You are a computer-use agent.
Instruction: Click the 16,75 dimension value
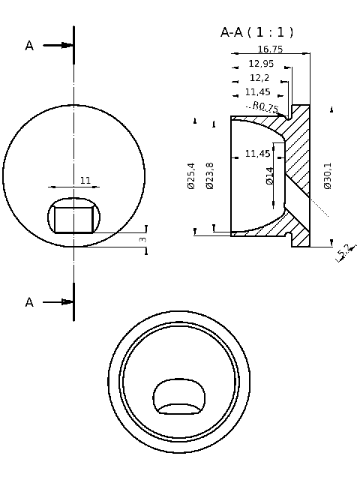pos(270,49)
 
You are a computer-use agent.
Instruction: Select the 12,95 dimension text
pos(262,64)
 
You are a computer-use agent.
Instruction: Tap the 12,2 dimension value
pos(259,78)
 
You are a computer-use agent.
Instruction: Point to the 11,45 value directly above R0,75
pos(258,92)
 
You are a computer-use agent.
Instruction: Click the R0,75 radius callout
pos(265,107)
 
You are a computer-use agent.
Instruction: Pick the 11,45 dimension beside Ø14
pos(258,154)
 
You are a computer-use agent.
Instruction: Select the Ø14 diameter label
pos(270,175)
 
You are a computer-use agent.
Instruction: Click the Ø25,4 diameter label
pos(190,175)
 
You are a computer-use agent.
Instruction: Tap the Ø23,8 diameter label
pos(209,175)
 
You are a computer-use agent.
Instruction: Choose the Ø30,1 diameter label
pos(328,175)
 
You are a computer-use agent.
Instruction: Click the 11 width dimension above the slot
pos(85,181)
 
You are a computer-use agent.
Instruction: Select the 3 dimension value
pos(142,238)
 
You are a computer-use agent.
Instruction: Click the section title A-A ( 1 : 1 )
pos(256,32)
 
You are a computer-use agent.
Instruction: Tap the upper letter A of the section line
pos(29,46)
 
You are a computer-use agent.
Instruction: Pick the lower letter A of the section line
pos(29,302)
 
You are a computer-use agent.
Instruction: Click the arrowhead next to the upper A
pos(67,46)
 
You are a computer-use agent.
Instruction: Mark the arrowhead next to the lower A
pos(67,302)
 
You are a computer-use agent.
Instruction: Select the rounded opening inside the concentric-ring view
pos(179,397)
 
